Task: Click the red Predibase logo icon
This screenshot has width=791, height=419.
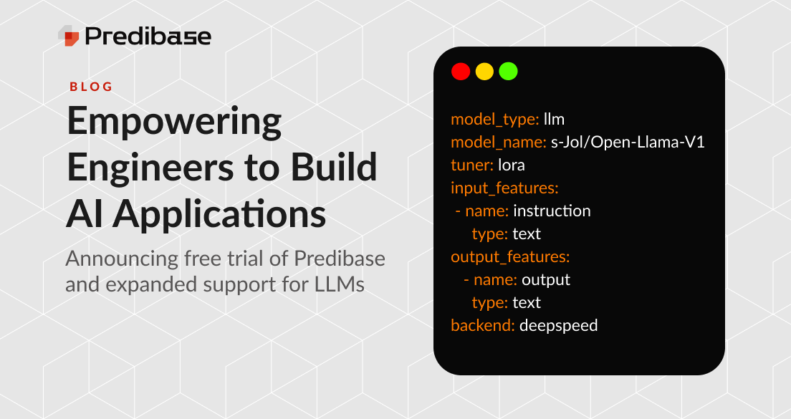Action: point(69,35)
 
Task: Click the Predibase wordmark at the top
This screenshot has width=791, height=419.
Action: point(148,36)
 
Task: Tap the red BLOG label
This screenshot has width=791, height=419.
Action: point(91,87)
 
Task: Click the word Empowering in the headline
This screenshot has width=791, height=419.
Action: point(174,122)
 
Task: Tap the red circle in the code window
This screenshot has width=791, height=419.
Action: point(460,72)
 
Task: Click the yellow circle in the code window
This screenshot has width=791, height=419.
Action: point(484,72)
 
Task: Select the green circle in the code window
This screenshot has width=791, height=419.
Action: point(508,72)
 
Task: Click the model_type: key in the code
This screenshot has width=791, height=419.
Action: point(494,119)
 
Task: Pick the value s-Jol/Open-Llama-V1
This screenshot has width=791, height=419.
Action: point(628,142)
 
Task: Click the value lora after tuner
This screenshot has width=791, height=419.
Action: point(512,165)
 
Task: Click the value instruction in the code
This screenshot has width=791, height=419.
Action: point(552,211)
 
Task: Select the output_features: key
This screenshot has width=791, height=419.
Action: point(509,256)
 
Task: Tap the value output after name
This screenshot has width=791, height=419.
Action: point(546,279)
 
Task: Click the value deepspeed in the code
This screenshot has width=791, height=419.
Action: point(558,325)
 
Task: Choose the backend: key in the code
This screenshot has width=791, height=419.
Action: point(482,325)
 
